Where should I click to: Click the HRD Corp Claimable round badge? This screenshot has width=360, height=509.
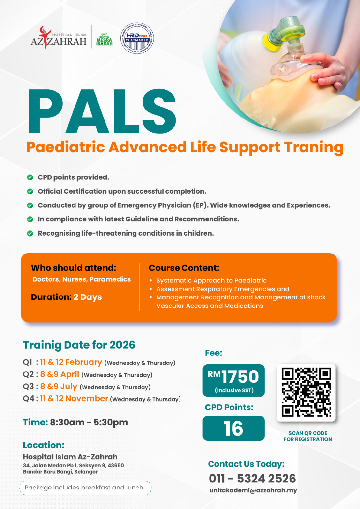(x=137, y=38)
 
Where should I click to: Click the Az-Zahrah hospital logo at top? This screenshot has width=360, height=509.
(x=58, y=38)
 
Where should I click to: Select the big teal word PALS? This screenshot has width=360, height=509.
(x=102, y=111)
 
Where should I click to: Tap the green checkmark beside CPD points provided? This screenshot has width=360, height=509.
(x=30, y=177)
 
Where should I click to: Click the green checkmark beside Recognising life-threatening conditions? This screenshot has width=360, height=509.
(x=30, y=234)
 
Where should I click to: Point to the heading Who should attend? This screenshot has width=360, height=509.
(x=73, y=268)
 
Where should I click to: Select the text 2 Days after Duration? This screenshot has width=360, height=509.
(x=88, y=297)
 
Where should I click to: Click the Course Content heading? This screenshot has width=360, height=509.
(x=184, y=268)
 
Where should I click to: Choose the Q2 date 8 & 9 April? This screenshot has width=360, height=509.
(x=60, y=374)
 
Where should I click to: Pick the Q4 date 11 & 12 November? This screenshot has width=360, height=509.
(x=74, y=398)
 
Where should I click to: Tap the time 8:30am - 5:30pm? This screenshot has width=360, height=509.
(x=89, y=422)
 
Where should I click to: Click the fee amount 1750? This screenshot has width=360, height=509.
(x=240, y=377)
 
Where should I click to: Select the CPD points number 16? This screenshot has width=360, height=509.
(x=234, y=428)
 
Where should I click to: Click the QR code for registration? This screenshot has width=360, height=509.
(x=306, y=392)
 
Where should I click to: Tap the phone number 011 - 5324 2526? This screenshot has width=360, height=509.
(x=252, y=478)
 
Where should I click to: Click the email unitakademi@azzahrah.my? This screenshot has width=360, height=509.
(x=253, y=490)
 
